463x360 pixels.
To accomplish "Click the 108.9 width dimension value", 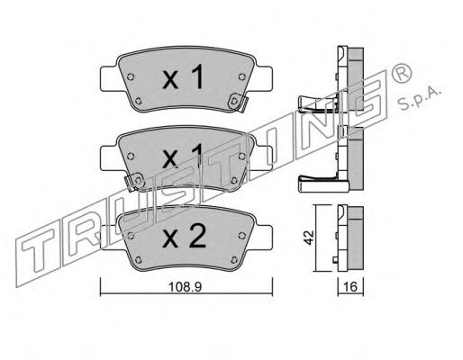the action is pyautogui.click(x=185, y=287).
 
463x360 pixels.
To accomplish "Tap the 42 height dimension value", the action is pyautogui.click(x=309, y=238).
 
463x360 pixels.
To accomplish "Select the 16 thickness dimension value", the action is pyautogui.click(x=350, y=287).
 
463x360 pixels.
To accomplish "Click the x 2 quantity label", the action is pyautogui.click(x=184, y=237).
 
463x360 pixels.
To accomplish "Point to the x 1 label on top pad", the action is pyautogui.click(x=183, y=77).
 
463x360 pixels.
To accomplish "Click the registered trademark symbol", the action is pyautogui.click(x=401, y=73).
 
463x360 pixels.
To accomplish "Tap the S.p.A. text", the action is pyautogui.click(x=419, y=98).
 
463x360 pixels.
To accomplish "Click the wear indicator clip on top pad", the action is pyautogui.click(x=237, y=103).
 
